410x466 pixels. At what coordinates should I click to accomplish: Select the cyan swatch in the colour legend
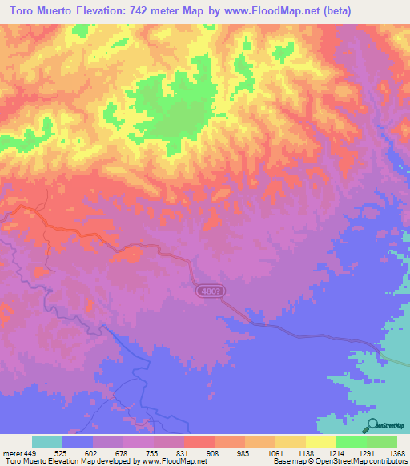(x=47, y=441)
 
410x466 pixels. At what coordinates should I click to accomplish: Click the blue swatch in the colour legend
(x=78, y=441)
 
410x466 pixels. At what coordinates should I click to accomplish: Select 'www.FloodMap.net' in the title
(x=268, y=11)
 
